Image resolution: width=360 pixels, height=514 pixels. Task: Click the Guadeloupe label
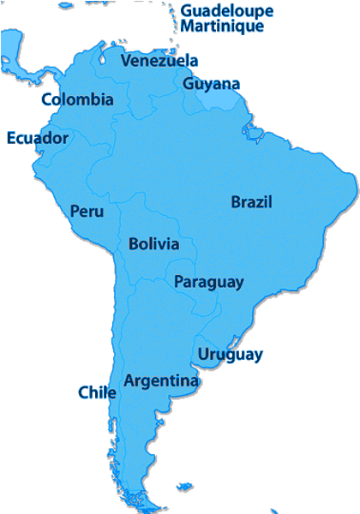click(x=226, y=11)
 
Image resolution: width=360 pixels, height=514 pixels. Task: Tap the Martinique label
click(x=221, y=26)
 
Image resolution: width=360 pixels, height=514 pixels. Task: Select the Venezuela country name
click(x=159, y=61)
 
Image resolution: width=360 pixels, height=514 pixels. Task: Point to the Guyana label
click(x=211, y=84)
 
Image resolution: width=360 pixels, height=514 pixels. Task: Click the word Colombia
click(x=77, y=99)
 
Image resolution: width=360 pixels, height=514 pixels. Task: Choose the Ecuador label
click(x=37, y=138)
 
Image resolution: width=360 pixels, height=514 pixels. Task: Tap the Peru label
click(x=87, y=211)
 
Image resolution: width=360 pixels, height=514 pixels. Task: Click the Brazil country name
click(x=251, y=202)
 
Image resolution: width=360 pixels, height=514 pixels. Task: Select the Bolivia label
click(x=154, y=244)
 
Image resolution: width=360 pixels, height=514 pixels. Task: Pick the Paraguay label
click(x=209, y=282)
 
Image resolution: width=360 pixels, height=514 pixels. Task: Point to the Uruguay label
click(x=230, y=355)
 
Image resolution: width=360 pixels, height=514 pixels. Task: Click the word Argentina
click(x=161, y=380)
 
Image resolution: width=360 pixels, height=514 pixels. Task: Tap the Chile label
click(x=97, y=392)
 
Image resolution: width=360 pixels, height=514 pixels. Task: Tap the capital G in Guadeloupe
click(x=186, y=11)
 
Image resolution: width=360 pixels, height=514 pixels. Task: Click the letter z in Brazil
click(x=260, y=203)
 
